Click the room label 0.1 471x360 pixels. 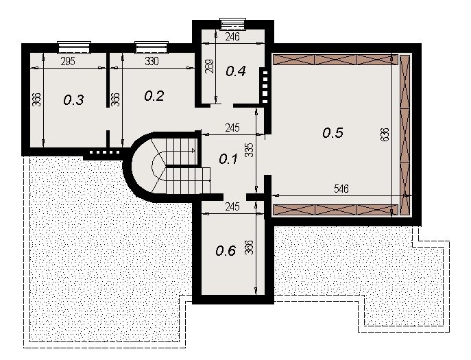tap(228, 159)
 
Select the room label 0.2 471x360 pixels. tap(154, 96)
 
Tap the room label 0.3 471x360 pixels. tap(73, 99)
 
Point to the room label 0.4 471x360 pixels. tap(236, 71)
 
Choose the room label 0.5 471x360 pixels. tap(333, 132)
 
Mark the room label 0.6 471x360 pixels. tap(226, 250)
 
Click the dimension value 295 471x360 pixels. tap(68, 62)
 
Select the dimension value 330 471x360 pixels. tap(152, 61)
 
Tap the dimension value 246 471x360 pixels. tap(232, 36)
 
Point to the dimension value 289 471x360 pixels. tap(210, 66)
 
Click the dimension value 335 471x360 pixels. tap(250, 149)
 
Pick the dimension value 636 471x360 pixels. tap(385, 134)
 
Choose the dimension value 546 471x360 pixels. tap(341, 189)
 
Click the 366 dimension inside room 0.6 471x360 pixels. tap(250, 248)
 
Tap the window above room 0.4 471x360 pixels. tap(233, 24)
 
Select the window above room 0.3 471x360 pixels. tap(74, 47)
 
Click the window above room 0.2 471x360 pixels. tap(152, 47)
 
